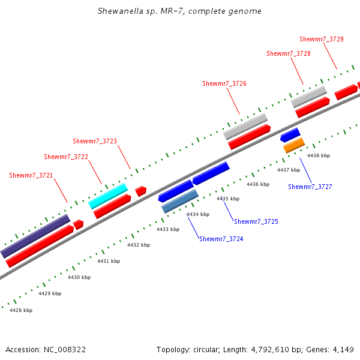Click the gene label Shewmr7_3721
point(31,175)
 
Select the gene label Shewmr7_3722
point(66,157)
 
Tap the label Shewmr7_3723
point(95,142)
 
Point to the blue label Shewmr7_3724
point(221,239)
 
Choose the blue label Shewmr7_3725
point(256,221)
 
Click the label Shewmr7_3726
point(224,83)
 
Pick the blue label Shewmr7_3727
point(310,187)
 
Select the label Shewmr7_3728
point(289,53)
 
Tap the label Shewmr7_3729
point(322,39)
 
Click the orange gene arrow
point(294,145)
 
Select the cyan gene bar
point(108,196)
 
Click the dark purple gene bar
point(35,236)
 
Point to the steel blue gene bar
point(180,201)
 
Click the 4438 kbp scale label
point(319,155)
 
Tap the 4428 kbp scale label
point(21,310)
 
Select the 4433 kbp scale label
point(168,229)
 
